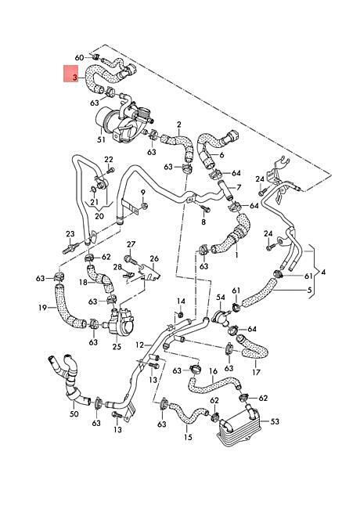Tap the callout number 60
pyautogui.click(x=79, y=58)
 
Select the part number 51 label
pyautogui.click(x=102, y=139)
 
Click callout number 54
pyautogui.click(x=221, y=298)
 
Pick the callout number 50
pyautogui.click(x=74, y=414)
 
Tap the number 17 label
pyautogui.click(x=256, y=372)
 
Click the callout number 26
pyautogui.click(x=154, y=258)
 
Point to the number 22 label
pyautogui.click(x=109, y=160)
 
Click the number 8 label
pyautogui.click(x=203, y=222)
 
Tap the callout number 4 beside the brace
pyautogui.click(x=323, y=272)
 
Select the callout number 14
pyautogui.click(x=181, y=301)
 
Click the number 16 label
pyautogui.click(x=213, y=371)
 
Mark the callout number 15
pyautogui.click(x=188, y=437)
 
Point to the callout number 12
pyautogui.click(x=139, y=345)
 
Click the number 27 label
pyautogui.click(x=131, y=244)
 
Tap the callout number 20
pyautogui.click(x=99, y=216)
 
